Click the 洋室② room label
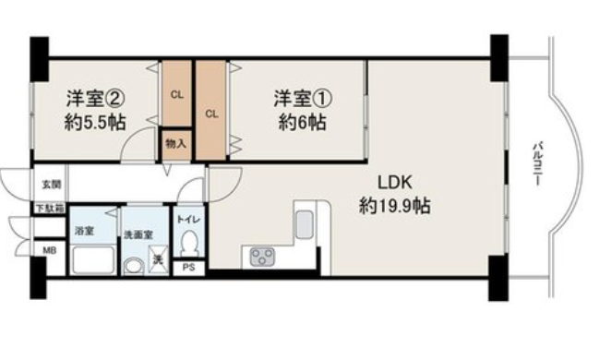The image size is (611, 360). tap(95, 98)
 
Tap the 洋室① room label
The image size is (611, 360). tap(303, 98)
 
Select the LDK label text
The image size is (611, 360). tap(395, 183)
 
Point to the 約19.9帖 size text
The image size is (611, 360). tap(394, 205)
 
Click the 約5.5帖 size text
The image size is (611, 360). tap(95, 123)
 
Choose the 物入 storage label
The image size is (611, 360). tap(176, 144)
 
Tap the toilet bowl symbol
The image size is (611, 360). tap(190, 244)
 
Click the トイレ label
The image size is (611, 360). tap(189, 220)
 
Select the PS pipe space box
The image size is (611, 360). tap(189, 268)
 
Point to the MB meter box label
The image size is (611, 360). tap(49, 250)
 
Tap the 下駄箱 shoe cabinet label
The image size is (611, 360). tap(50, 209)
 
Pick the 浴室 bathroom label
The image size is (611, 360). tap(84, 231)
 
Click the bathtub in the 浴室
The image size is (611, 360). tap(93, 260)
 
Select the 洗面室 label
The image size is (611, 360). tap(138, 235)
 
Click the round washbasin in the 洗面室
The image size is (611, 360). tap(134, 267)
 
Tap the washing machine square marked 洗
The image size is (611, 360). tap(158, 259)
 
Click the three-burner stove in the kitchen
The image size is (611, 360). tap(262, 258)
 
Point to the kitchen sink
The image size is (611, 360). tap(305, 224)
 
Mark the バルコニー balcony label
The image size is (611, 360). tap(538, 164)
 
